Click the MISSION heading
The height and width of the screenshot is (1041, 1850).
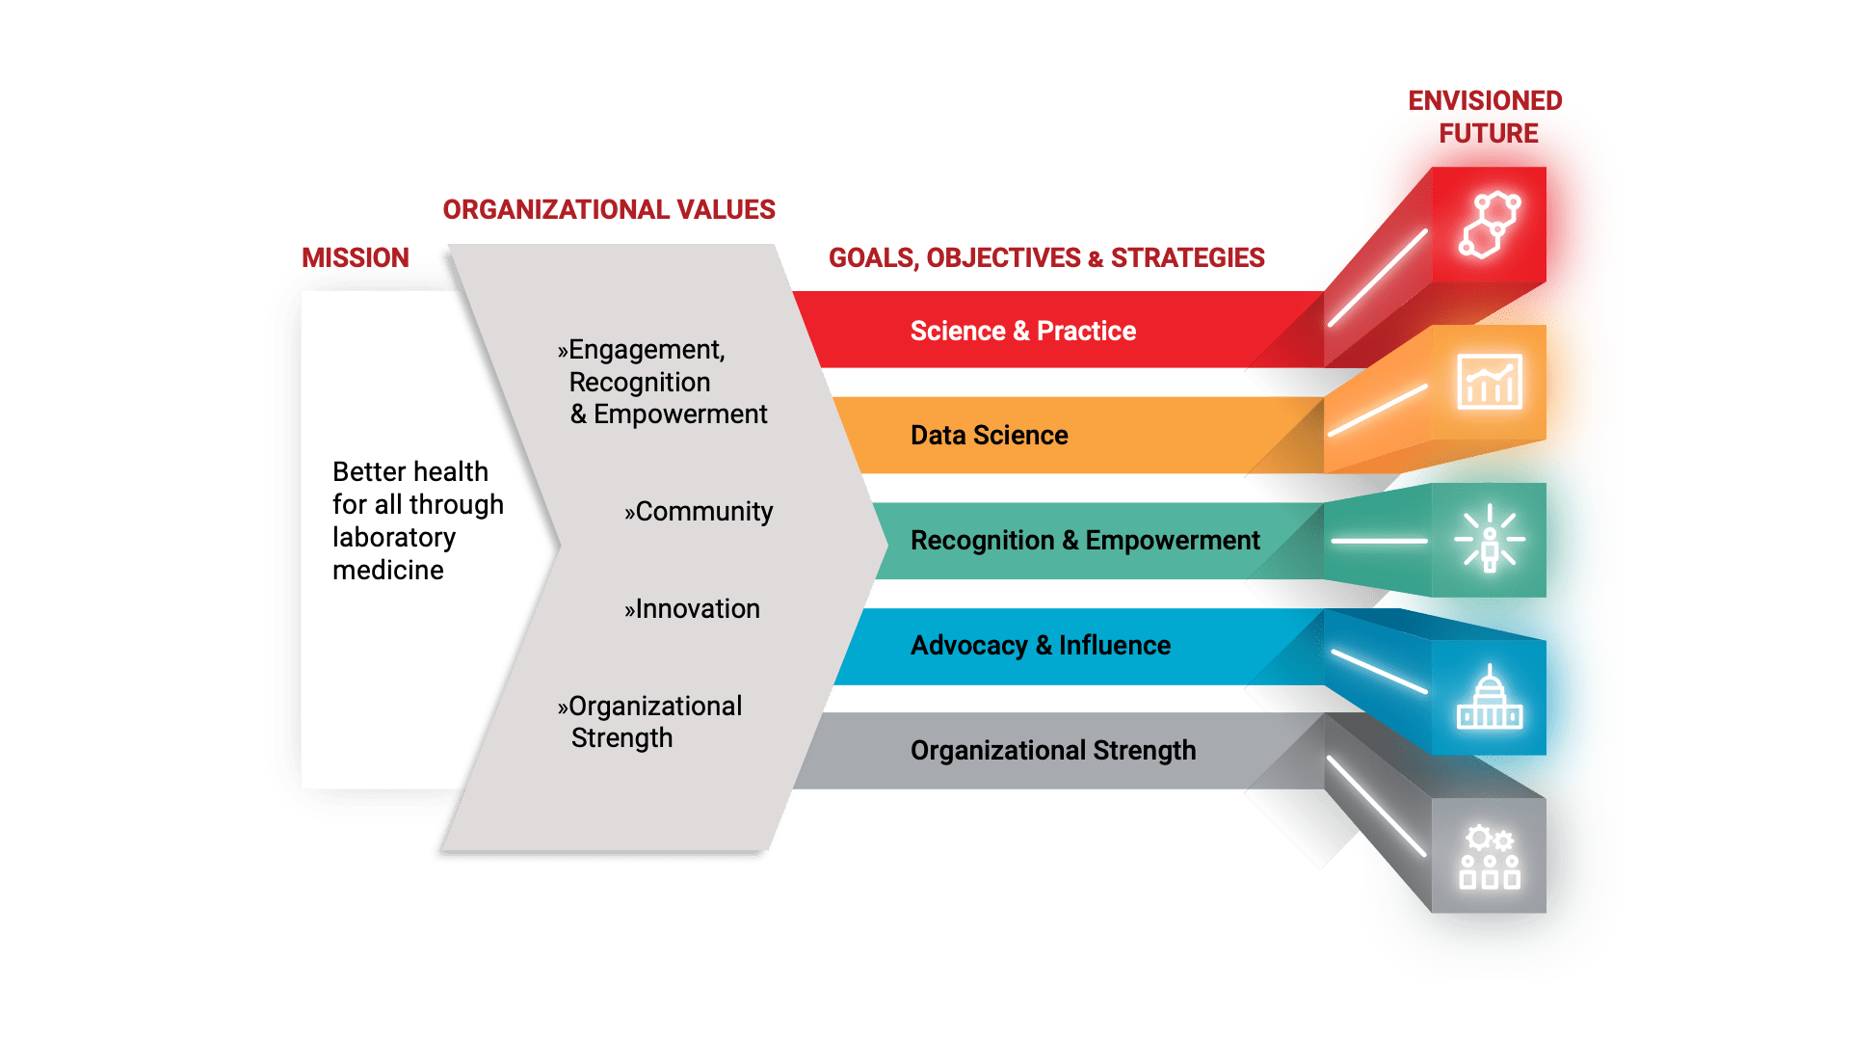coord(355,257)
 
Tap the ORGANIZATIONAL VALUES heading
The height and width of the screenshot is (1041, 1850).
coord(608,209)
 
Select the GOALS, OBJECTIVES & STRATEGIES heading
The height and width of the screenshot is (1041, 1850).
coord(1046,257)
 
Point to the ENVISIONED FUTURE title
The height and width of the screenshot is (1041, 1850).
coord(1486,117)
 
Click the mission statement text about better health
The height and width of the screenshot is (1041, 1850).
coord(417,520)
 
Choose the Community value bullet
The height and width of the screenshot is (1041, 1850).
coord(699,512)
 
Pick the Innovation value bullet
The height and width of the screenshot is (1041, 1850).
coord(692,609)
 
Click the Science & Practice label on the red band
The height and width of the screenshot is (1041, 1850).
coord(1022,332)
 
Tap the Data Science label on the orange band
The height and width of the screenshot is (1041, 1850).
coord(989,436)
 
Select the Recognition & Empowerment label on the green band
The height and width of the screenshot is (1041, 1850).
coord(1085,541)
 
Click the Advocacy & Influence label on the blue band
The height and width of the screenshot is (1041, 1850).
coord(1041,646)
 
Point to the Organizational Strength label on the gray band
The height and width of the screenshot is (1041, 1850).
coord(1053,751)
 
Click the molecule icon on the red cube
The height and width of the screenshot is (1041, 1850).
coord(1490,225)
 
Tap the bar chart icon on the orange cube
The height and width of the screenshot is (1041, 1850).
coord(1490,382)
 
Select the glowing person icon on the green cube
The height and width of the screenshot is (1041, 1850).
coord(1490,539)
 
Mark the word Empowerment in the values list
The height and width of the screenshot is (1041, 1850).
coord(680,414)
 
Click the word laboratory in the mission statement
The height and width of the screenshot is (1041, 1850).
coord(394,537)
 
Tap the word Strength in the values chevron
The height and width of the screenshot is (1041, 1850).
coord(621,738)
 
